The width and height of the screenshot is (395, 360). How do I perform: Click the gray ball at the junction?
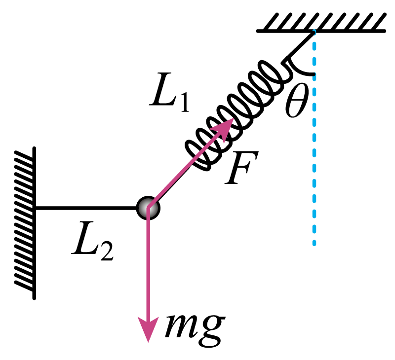[x=148, y=208]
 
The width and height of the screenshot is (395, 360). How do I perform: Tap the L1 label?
[x=169, y=92]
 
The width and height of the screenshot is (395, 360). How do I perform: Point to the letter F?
[x=241, y=168]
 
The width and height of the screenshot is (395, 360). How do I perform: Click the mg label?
[x=194, y=330]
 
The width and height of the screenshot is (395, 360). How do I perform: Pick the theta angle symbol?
[x=297, y=100]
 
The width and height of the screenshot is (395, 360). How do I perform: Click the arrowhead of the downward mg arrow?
[x=148, y=329]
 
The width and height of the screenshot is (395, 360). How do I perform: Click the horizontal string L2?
[x=85, y=208]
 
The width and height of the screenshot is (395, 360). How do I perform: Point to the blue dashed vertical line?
[x=314, y=137]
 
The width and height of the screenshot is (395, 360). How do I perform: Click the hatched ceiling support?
[x=321, y=23]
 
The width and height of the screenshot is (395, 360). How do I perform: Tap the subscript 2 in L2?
[x=107, y=252]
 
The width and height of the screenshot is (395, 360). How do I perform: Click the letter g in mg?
[x=212, y=331]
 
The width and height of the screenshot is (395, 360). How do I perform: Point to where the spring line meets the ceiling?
[x=314, y=31]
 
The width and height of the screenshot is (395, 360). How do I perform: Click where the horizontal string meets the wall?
[x=35, y=208]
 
